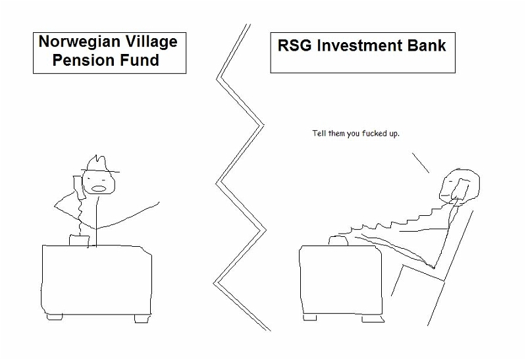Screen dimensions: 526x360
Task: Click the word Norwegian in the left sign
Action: coord(80,42)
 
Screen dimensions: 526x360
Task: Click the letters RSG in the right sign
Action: coord(294,45)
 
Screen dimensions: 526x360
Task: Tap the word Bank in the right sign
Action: coord(427,45)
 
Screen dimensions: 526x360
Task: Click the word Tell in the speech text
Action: coord(319,134)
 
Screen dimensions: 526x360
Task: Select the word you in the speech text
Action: coord(354,134)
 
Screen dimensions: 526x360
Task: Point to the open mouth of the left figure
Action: coord(99,188)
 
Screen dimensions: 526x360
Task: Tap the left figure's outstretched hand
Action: coord(155,204)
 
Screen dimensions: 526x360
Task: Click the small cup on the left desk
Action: coord(79,240)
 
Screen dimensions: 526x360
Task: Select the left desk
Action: coord(96,280)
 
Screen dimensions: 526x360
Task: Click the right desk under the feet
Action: coord(340,280)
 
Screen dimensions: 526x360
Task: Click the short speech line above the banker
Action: coord(421,163)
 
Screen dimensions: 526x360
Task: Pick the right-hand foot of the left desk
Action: coord(142,319)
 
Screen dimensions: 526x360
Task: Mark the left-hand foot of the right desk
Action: coord(310,317)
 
